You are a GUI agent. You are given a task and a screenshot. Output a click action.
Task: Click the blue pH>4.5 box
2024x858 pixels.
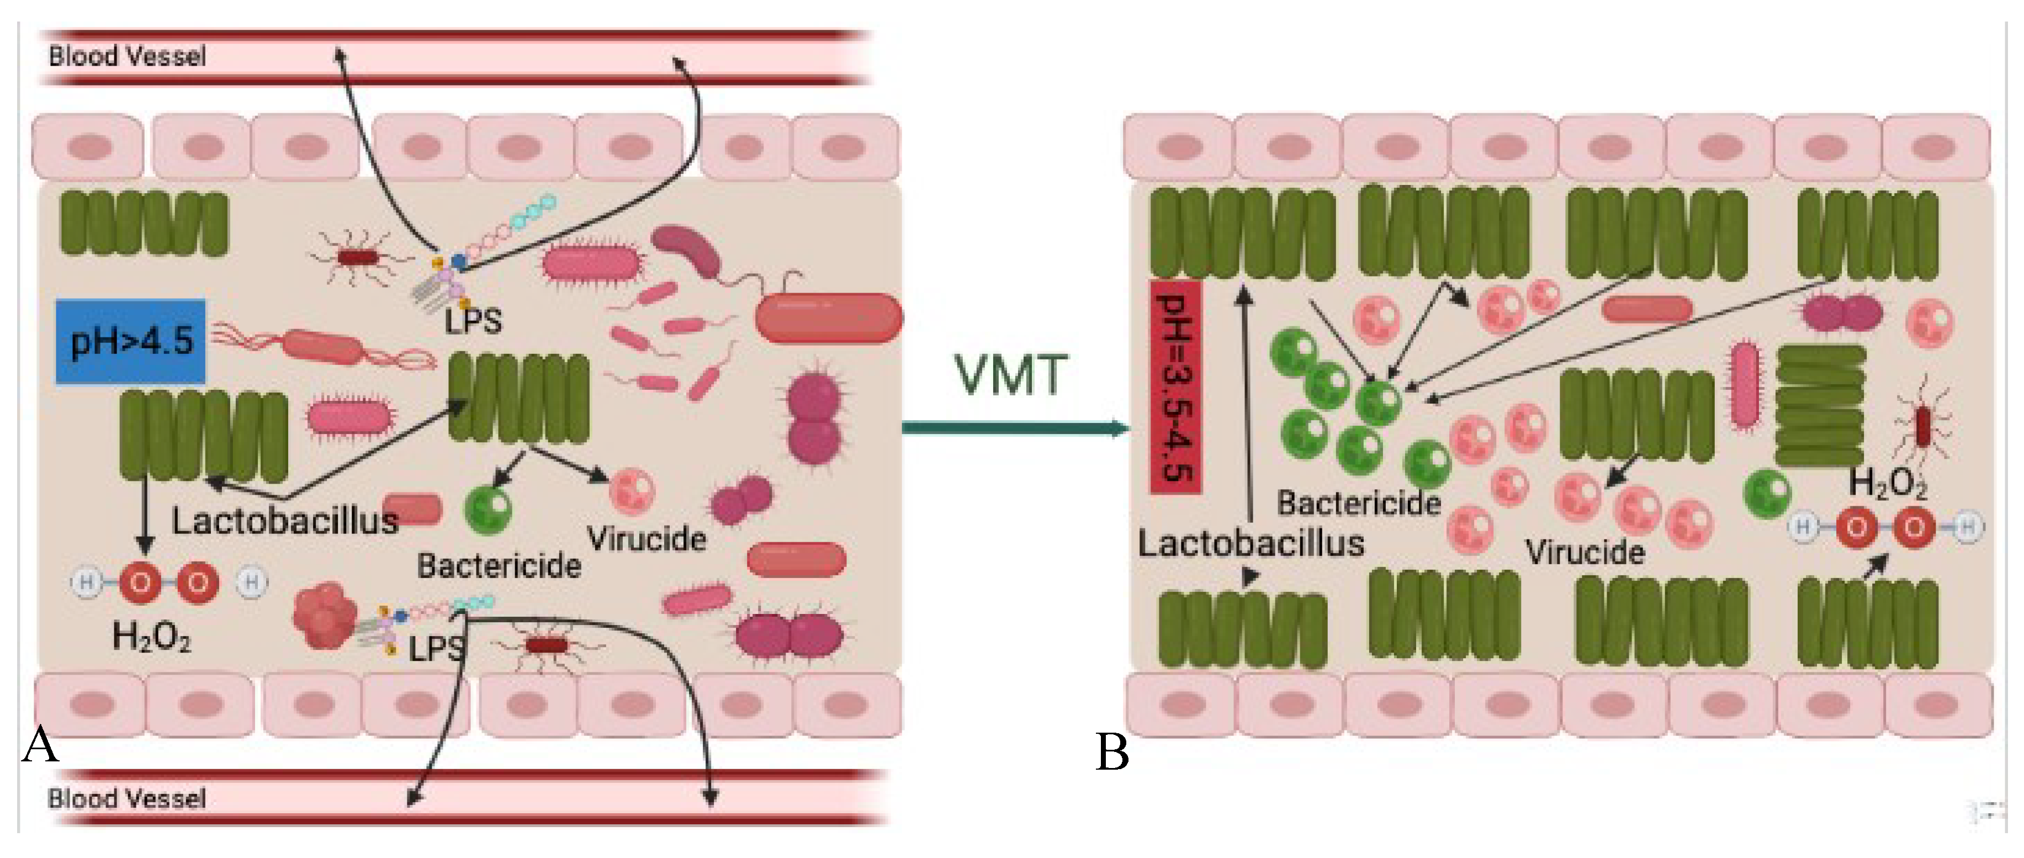tap(130, 342)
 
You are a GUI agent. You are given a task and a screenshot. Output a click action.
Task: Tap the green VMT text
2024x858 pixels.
tap(1010, 375)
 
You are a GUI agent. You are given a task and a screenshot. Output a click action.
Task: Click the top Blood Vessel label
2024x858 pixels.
tap(128, 56)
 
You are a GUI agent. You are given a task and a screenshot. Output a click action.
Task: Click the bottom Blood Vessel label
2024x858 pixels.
tap(128, 798)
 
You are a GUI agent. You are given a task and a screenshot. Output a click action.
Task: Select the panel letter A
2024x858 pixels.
tap(39, 744)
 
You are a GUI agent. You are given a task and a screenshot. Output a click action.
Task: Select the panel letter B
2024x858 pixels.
tap(1112, 752)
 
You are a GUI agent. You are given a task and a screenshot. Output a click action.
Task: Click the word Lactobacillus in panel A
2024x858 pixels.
tap(284, 521)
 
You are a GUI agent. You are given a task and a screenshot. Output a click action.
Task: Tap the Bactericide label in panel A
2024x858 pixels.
tap(499, 566)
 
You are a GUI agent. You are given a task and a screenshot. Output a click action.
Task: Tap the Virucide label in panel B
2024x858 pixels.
tap(1585, 552)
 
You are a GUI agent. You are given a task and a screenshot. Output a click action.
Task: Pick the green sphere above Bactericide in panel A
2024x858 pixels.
tap(488, 510)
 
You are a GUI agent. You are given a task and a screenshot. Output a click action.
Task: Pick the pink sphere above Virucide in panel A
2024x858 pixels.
tap(632, 492)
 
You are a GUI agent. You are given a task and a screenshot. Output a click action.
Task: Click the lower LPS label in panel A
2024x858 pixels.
tap(436, 649)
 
